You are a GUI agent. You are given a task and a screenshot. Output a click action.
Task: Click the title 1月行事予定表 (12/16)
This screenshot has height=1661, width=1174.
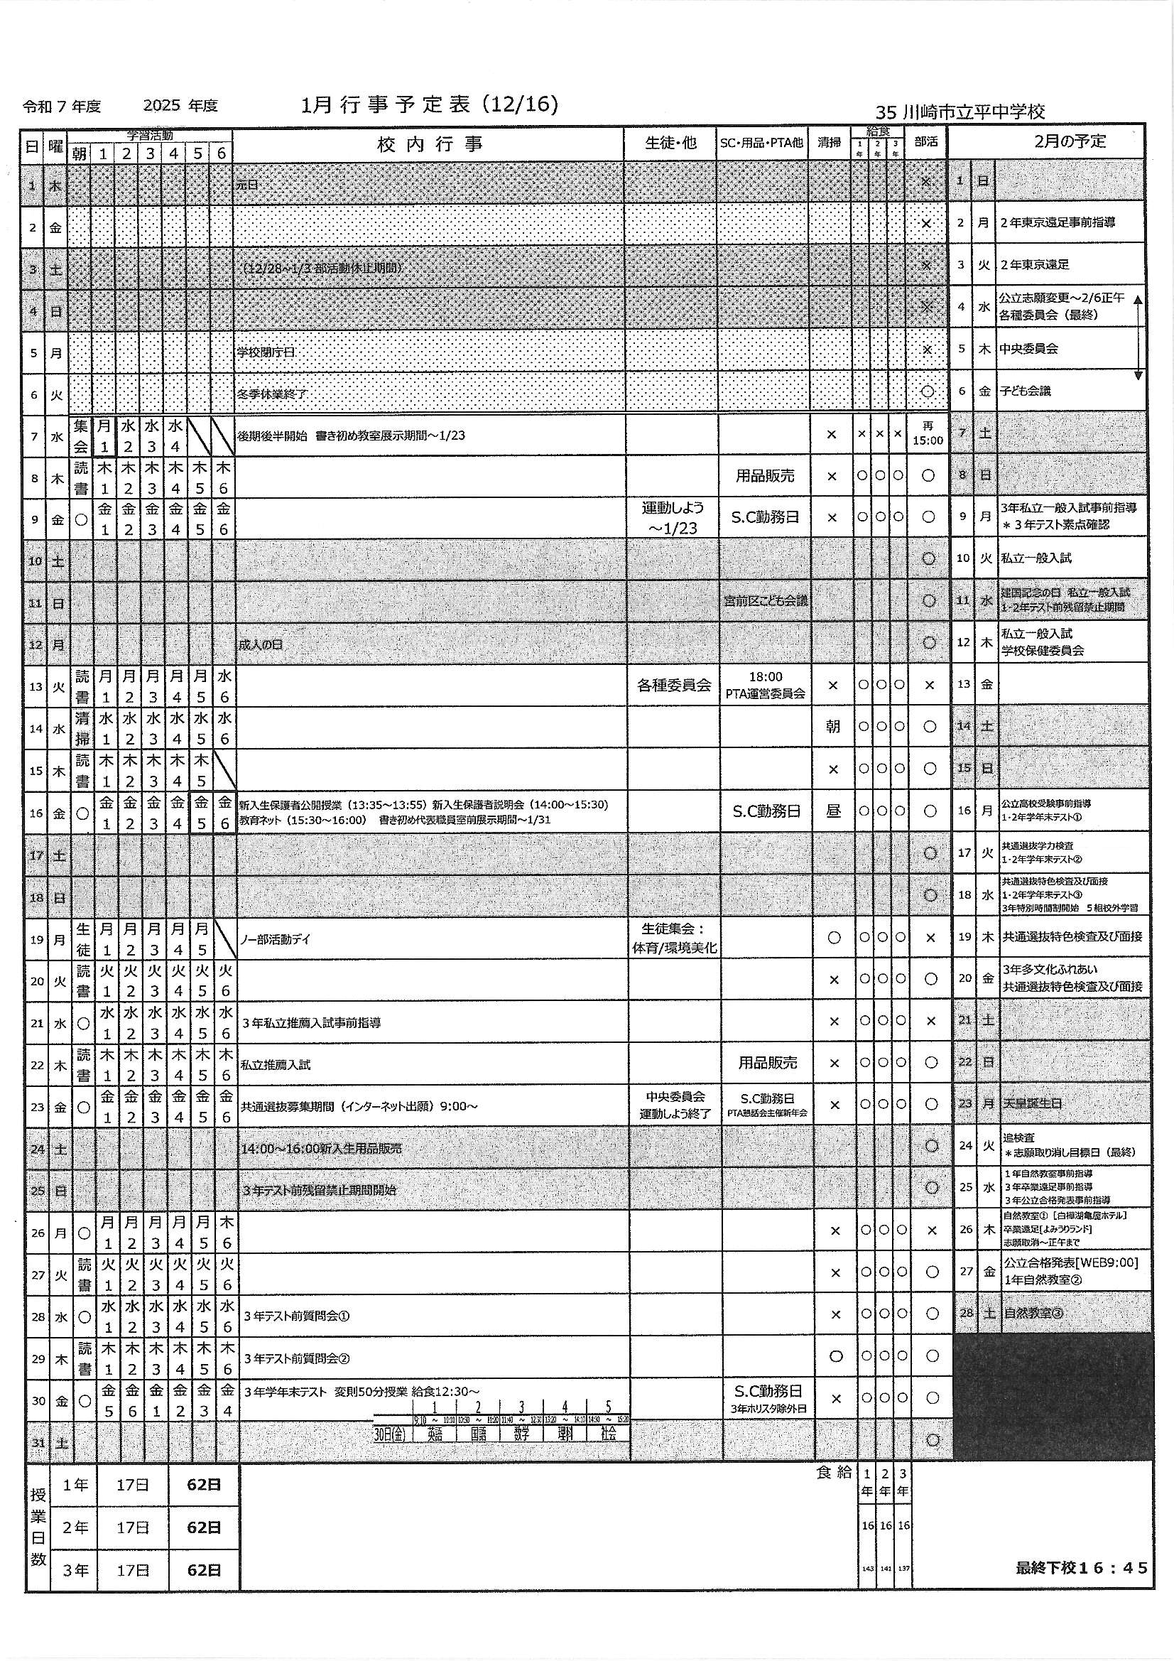point(430,106)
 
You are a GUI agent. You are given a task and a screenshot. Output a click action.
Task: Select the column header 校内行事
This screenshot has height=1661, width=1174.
point(429,144)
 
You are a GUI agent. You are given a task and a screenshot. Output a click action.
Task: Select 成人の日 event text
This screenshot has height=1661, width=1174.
point(261,644)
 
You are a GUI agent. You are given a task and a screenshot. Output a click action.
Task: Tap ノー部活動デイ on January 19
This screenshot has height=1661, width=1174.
point(274,940)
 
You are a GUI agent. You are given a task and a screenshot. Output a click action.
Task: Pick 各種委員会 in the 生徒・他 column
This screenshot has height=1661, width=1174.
point(673,684)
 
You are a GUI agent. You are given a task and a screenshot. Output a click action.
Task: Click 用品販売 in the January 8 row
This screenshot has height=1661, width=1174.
point(766,476)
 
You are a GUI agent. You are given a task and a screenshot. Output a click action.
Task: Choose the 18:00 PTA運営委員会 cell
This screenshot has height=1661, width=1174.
point(766,684)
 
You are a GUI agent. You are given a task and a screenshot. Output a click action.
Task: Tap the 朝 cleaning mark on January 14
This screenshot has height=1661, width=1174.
point(832,726)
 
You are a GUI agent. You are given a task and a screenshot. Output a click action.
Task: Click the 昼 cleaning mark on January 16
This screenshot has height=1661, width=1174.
point(833,812)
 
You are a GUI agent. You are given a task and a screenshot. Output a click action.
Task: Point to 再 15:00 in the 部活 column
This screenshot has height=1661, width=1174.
point(928,434)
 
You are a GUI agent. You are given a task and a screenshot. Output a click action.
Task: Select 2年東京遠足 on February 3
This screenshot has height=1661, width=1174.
point(1033,265)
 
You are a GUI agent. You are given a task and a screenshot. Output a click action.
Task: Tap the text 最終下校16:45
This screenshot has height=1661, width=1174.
point(1081,1568)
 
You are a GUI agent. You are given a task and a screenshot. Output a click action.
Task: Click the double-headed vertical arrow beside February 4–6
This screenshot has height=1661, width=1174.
point(1137,337)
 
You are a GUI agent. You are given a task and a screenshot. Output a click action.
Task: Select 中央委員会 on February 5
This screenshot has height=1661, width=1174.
point(1028,349)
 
